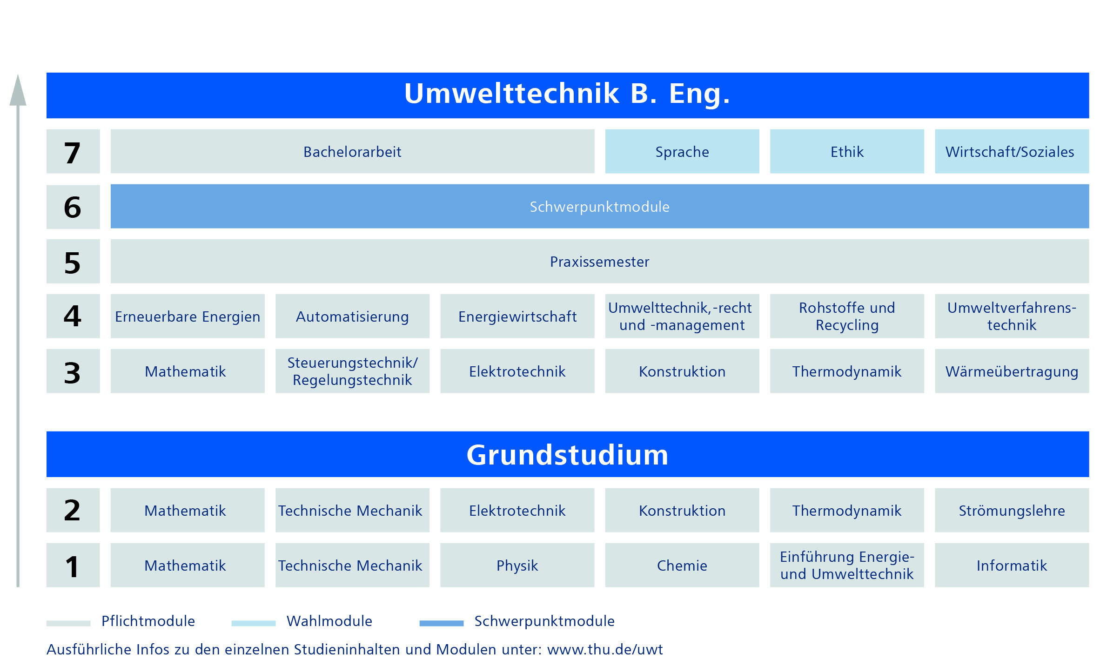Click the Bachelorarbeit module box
pos(352,151)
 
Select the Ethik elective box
pos(847,151)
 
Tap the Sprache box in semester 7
pos(682,151)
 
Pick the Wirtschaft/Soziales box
pos(1012,151)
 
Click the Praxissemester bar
pos(600,261)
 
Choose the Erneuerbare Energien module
pos(188,316)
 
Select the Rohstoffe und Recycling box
pos(847,316)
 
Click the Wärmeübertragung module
pos(1012,371)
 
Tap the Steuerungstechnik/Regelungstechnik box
pos(352,371)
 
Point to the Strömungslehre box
pos(1012,510)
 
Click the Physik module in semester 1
pos(517,565)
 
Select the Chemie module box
pos(682,565)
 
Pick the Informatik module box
pos(1012,565)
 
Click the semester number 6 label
pos(73,207)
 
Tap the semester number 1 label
pos(72,566)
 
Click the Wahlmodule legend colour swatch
pos(254,623)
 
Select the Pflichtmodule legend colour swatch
pos(68,623)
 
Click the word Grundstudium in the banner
pos(567,455)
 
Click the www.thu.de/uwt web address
pos(605,649)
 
